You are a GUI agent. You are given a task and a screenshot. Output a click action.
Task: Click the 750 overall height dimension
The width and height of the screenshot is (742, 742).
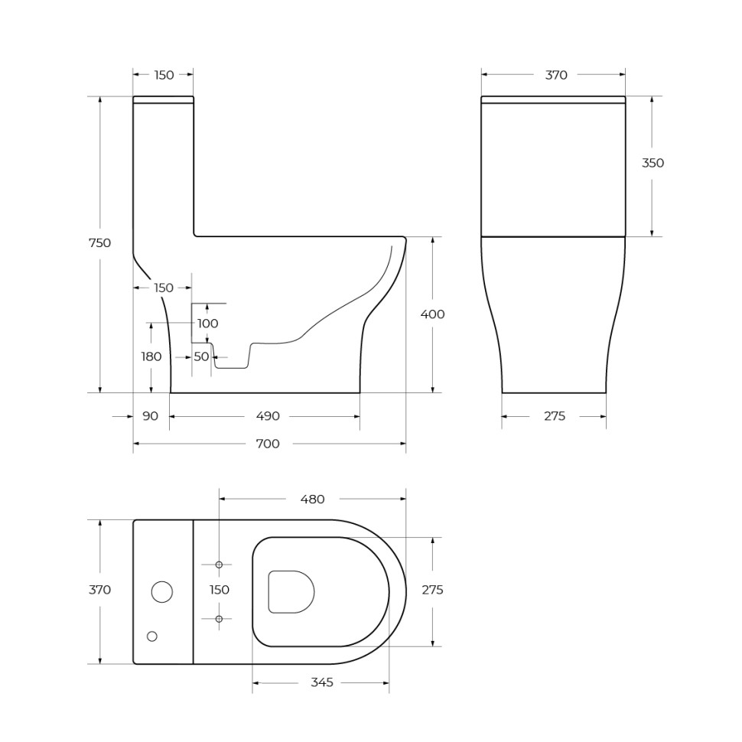click(99, 243)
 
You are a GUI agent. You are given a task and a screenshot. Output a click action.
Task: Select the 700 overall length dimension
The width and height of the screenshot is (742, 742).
click(267, 444)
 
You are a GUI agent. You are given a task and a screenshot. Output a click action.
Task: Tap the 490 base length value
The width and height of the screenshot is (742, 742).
click(267, 416)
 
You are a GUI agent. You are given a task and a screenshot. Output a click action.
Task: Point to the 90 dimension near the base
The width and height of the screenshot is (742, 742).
click(150, 416)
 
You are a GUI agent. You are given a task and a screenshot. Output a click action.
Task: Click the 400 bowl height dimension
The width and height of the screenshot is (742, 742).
click(432, 314)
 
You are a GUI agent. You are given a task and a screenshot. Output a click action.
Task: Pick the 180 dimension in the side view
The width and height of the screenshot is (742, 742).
click(151, 356)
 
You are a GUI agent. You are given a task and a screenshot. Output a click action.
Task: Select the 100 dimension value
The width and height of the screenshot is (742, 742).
click(207, 324)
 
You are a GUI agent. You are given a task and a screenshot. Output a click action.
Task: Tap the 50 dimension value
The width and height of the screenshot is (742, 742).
click(200, 356)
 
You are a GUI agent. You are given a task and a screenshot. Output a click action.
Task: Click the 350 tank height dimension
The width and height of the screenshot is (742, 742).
click(653, 163)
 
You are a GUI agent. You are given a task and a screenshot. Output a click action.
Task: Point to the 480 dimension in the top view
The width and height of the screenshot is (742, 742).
click(312, 500)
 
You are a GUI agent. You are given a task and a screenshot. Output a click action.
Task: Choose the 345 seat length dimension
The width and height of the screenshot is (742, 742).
click(322, 682)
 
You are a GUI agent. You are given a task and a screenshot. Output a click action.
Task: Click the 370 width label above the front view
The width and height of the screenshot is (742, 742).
click(556, 75)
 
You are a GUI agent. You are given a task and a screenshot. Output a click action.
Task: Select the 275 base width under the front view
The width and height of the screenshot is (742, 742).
click(555, 416)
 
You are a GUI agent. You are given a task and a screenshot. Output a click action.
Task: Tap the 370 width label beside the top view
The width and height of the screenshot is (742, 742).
click(99, 590)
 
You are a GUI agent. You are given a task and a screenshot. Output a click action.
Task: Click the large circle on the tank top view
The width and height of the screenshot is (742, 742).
click(162, 592)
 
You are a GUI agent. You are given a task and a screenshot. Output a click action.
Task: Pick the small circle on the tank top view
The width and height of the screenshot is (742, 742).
click(151, 636)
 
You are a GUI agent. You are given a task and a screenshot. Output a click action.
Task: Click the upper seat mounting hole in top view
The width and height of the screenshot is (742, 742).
click(219, 565)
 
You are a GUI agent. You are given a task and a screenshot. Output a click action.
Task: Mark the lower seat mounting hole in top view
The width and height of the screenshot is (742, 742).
click(219, 618)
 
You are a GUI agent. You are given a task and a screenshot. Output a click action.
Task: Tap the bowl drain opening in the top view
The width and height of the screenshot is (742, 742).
click(291, 591)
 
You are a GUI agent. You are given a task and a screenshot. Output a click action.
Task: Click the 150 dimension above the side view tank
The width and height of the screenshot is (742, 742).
click(164, 75)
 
